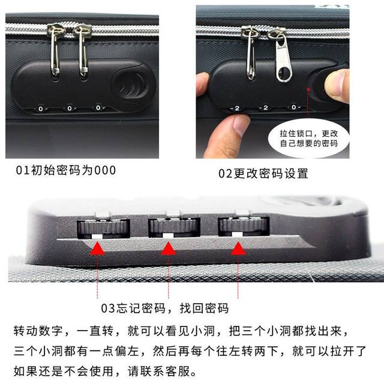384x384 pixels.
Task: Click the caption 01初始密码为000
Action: [65, 170]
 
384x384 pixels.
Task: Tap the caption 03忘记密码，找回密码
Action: [164, 309]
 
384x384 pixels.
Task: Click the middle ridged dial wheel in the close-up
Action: [174, 226]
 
